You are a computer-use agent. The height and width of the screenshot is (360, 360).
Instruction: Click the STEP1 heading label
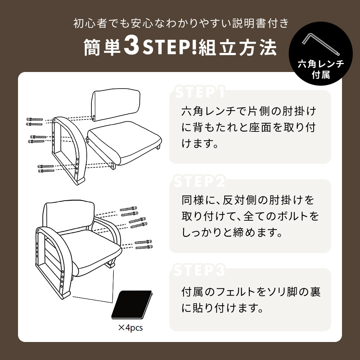199,92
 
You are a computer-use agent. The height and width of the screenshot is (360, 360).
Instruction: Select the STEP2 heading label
199,181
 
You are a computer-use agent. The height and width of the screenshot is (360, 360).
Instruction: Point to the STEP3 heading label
199,270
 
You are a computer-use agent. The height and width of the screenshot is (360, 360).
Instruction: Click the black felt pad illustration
132,305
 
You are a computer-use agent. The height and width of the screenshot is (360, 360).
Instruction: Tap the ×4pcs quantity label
130,328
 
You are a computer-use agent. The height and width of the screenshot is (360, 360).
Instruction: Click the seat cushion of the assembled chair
92,250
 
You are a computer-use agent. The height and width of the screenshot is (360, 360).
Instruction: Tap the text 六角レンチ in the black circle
321,64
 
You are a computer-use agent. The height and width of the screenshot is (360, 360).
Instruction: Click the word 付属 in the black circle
321,75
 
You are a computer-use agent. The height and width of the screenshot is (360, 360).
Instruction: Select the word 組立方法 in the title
238,47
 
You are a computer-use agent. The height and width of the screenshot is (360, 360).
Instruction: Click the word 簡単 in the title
102,47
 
